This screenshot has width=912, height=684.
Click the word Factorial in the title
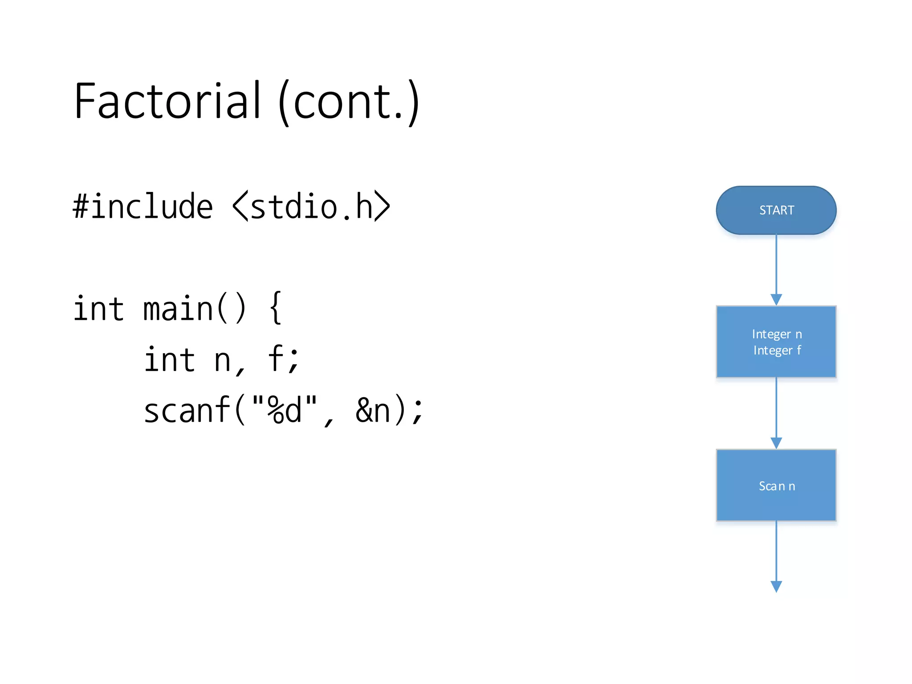(x=167, y=102)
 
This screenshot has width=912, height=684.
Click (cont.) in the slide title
(x=349, y=102)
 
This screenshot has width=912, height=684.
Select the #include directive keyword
(x=142, y=207)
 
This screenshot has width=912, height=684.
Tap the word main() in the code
(x=194, y=309)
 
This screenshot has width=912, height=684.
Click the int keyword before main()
(x=98, y=309)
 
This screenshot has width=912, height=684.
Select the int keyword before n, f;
(x=169, y=359)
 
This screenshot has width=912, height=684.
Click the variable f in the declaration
(x=276, y=358)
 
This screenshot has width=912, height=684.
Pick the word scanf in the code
(x=187, y=410)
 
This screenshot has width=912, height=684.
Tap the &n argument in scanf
(x=373, y=410)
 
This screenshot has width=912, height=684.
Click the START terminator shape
(x=776, y=210)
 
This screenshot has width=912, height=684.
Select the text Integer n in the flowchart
(x=777, y=334)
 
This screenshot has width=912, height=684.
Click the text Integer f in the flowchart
(x=777, y=350)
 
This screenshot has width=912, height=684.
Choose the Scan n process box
(x=776, y=485)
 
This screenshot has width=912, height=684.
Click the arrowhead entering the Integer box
(x=776, y=300)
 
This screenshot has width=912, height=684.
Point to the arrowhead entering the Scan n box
(x=776, y=443)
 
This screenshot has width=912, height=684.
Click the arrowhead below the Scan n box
(x=776, y=586)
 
